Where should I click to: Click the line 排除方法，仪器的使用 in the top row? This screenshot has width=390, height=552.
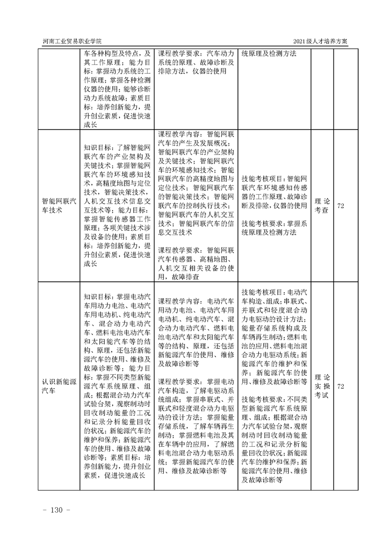pyautogui.click(x=192, y=71)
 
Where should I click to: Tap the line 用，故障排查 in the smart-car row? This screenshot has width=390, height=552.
pyautogui.click(x=179, y=277)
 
